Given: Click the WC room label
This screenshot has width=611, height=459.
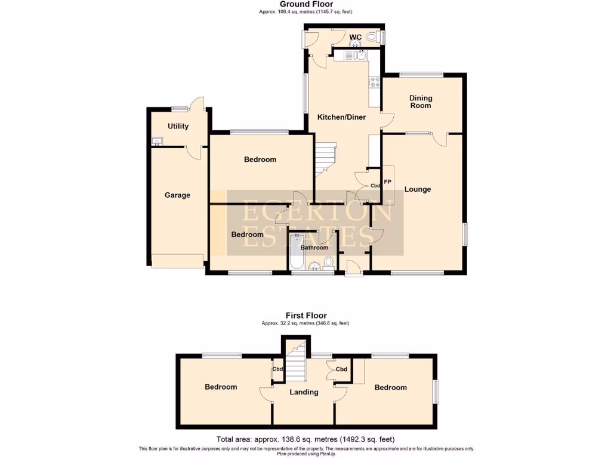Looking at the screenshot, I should pos(355,37).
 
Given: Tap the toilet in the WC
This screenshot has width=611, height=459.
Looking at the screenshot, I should pos(373,37).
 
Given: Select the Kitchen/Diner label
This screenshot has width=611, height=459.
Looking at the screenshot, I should pos(341,117).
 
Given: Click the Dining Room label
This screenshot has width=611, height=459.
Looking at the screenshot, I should pos(420,102).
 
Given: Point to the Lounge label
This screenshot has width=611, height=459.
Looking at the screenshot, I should pos(417,189).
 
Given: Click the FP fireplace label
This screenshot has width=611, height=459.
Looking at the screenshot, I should pos(387,182).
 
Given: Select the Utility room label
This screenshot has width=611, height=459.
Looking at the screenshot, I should pos(178,126).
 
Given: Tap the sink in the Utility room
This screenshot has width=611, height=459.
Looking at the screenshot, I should pos(157,142).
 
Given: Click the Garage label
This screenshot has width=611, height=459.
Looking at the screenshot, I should pos(177,195).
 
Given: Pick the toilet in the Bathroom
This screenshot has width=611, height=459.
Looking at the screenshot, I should pos(328,263).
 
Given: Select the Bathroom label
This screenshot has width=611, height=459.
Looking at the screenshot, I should pos(314,247).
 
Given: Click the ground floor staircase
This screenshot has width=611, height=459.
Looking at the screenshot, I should pos(326,158).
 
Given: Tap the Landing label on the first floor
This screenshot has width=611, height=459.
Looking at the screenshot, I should pos(304,392).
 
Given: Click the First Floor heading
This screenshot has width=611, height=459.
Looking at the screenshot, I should pos(305,316).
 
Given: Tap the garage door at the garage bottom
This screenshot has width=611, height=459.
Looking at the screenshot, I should pos(178,261).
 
